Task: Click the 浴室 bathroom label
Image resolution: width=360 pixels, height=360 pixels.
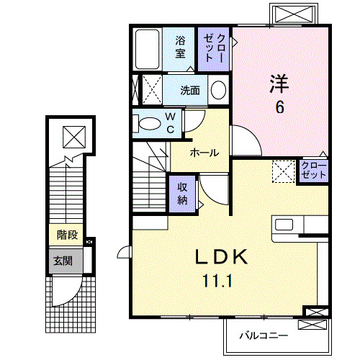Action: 180,48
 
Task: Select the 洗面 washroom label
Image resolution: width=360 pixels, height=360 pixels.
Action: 191,91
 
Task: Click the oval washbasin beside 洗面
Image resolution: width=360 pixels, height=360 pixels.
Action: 219,90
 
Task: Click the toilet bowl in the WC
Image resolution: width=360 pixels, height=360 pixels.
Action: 148,123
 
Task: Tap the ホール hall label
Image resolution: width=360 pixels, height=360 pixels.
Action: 204,153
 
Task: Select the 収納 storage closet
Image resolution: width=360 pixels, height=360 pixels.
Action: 183,192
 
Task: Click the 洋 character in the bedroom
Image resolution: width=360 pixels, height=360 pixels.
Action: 279,84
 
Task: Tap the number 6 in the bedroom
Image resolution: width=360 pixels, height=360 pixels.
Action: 279,107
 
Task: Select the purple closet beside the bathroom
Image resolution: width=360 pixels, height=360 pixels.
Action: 214,48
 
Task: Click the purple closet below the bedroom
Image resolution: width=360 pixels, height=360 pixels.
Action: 314,171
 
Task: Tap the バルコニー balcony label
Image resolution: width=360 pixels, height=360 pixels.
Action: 264,336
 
